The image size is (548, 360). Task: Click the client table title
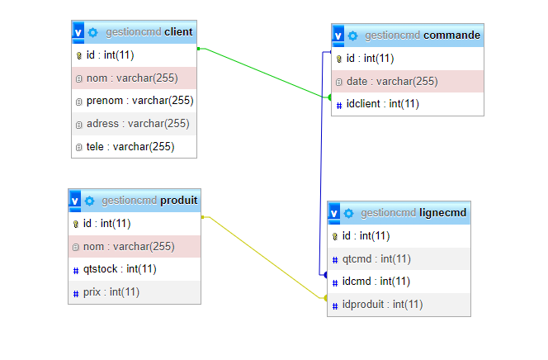tap(178, 32)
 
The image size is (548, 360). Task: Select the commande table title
tap(451, 36)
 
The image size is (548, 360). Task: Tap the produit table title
tap(178, 201)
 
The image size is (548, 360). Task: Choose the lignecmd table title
tap(444, 212)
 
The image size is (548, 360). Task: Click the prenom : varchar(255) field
tap(139, 101)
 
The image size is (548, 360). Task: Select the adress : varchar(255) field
tap(138, 124)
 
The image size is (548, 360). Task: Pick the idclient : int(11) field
tap(382, 103)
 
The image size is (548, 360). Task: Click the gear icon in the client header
tap(93, 32)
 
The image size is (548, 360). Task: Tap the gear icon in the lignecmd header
tap(349, 213)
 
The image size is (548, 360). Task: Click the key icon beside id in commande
tap(338, 59)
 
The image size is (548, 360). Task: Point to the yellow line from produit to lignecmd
tap(264, 256)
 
